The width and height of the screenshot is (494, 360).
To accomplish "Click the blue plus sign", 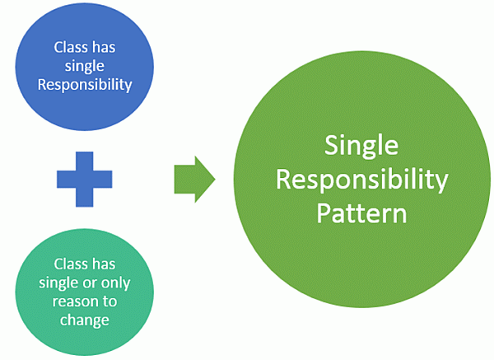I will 85,177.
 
